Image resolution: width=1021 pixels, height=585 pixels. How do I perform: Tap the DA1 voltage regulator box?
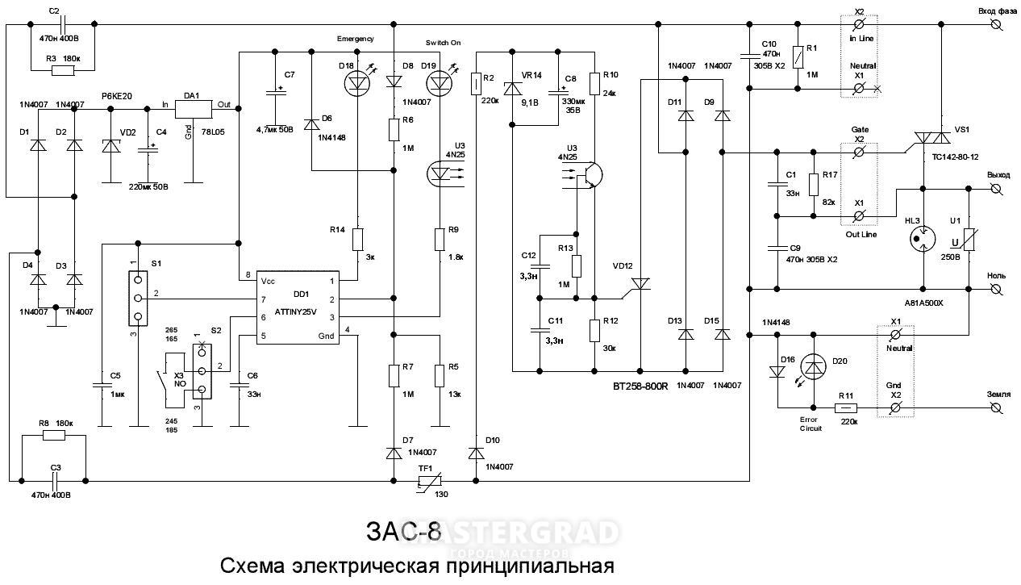point(193,106)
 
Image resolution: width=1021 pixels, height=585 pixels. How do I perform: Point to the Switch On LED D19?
point(439,81)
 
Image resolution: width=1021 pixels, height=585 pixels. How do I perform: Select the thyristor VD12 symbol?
point(641,282)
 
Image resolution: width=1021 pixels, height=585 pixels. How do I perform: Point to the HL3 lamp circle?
point(920,238)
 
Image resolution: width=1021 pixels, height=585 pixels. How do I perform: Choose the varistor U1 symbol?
point(968,238)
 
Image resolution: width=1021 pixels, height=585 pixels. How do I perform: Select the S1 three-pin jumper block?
point(139,297)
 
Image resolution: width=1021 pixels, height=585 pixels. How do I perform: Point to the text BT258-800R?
point(640,387)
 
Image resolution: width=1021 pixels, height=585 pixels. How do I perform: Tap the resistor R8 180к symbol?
point(54,436)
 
